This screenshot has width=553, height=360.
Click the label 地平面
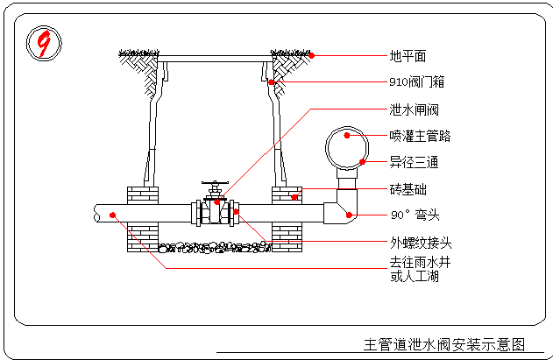point(408,56)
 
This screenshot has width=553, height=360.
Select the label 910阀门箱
point(416,82)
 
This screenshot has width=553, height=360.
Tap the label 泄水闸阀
point(414,109)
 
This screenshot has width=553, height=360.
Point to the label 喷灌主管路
point(420,137)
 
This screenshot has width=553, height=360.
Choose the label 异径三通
point(414,163)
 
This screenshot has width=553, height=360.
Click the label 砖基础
point(408,189)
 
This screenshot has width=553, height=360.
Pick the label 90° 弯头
point(414,215)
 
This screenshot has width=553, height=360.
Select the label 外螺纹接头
point(420,242)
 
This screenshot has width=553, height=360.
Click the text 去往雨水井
point(420,262)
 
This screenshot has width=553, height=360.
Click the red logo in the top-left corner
point(42,43)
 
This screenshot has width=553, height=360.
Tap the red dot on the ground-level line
point(311,55)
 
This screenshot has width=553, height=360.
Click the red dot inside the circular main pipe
point(346,136)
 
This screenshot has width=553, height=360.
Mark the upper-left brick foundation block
point(143,194)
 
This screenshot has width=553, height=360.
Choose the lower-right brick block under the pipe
point(287,233)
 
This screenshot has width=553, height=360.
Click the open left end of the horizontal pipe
point(96,212)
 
